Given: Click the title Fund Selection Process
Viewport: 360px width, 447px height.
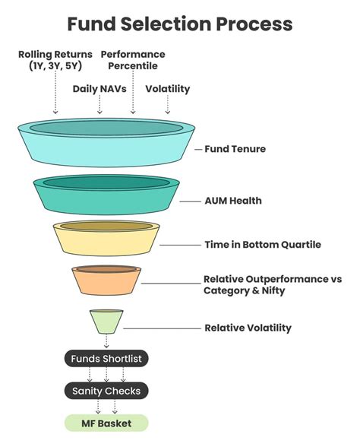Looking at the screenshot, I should pyautogui.click(x=179, y=24).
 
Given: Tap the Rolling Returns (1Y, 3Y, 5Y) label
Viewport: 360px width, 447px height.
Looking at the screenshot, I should pyautogui.click(x=55, y=61).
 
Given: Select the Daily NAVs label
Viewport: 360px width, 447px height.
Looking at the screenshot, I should pyautogui.click(x=100, y=89).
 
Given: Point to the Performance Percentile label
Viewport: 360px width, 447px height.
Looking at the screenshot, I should pyautogui.click(x=133, y=61).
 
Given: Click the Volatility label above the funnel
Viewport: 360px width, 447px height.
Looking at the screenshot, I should pyautogui.click(x=167, y=89).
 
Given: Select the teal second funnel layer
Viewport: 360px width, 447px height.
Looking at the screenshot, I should pyautogui.click(x=106, y=198).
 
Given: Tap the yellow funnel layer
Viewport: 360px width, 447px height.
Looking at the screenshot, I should pyautogui.click(x=106, y=242).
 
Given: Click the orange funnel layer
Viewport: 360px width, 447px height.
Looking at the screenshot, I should pyautogui.click(x=106, y=284).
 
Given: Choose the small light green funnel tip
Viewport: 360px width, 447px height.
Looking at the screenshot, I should pyautogui.click(x=106, y=322).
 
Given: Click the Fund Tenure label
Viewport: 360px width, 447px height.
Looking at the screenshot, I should pyautogui.click(x=235, y=149).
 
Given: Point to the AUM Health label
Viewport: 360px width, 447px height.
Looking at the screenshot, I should pyautogui.click(x=232, y=201).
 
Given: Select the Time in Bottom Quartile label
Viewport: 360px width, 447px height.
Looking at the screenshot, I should pyautogui.click(x=263, y=245).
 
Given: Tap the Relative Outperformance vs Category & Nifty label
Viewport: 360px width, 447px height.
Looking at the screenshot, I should pyautogui.click(x=272, y=285).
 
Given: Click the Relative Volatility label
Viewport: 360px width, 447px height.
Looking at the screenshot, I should pyautogui.click(x=248, y=328).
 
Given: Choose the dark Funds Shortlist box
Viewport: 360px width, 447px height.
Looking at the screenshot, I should pyautogui.click(x=106, y=358).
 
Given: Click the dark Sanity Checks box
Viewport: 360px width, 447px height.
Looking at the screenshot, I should pyautogui.click(x=106, y=391).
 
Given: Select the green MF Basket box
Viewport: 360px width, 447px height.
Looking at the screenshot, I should pyautogui.click(x=106, y=423).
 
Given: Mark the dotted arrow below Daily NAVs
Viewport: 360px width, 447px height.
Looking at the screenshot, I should pyautogui.click(x=99, y=105).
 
